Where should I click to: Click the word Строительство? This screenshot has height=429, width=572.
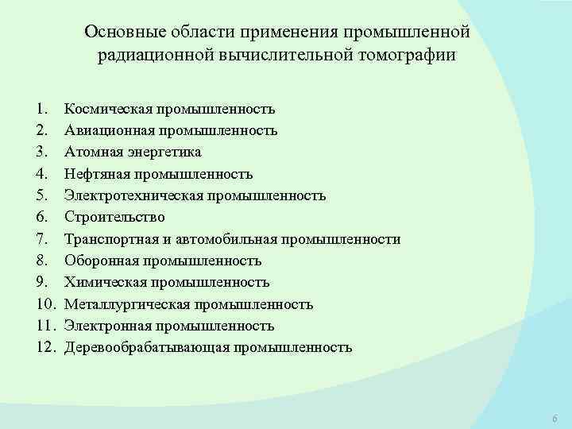coord(115,217)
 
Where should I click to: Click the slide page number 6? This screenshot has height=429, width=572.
coord(554,419)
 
